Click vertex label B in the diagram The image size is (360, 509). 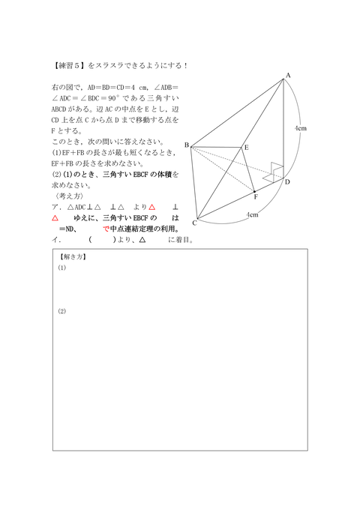186,145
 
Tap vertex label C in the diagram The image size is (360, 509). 193,223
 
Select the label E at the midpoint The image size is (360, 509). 245,147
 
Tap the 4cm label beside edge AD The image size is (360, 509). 300,129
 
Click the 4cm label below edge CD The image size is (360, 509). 253,215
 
